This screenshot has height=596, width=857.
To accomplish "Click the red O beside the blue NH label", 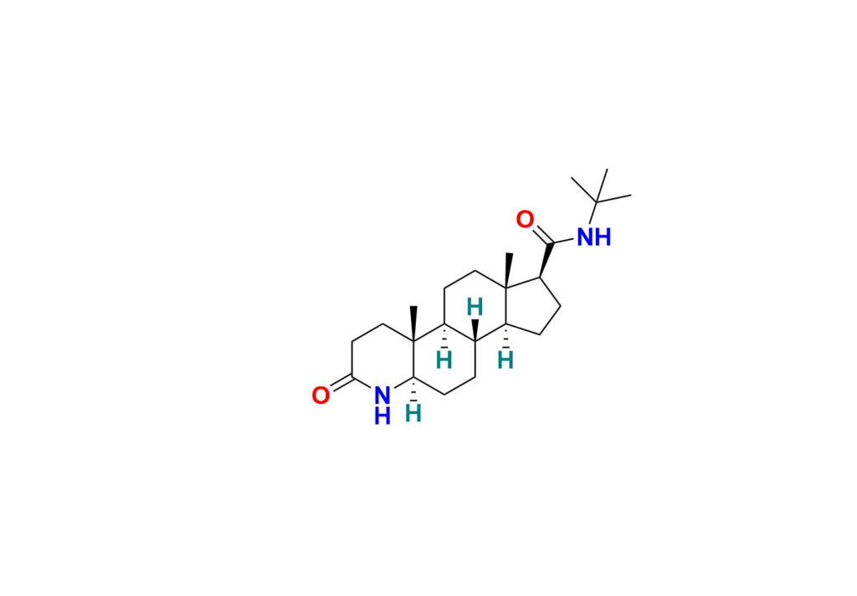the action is tap(525, 219).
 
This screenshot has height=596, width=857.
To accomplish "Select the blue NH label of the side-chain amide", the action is tap(594, 237).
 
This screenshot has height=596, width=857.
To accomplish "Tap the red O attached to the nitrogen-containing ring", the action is tap(321, 395).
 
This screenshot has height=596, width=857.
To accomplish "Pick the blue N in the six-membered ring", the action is tap(382, 395).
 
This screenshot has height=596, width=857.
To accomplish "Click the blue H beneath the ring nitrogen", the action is tap(382, 416).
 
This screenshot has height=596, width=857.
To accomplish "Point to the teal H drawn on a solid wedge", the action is tap(475, 308).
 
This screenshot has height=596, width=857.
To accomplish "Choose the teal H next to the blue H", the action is tap(413, 413).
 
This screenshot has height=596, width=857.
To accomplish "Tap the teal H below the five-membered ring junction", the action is tap(505, 360).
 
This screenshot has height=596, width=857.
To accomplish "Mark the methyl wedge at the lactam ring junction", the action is tap(413, 324).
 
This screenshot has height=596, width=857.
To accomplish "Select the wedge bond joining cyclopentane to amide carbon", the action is tap(546, 260).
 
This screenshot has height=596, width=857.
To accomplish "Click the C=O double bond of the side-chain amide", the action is tap(543, 235).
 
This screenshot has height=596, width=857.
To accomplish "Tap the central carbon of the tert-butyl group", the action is tap(597, 202).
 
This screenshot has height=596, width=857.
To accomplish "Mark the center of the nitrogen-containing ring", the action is tap(382, 360).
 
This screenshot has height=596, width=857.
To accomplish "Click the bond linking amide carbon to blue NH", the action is tap(564, 241).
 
